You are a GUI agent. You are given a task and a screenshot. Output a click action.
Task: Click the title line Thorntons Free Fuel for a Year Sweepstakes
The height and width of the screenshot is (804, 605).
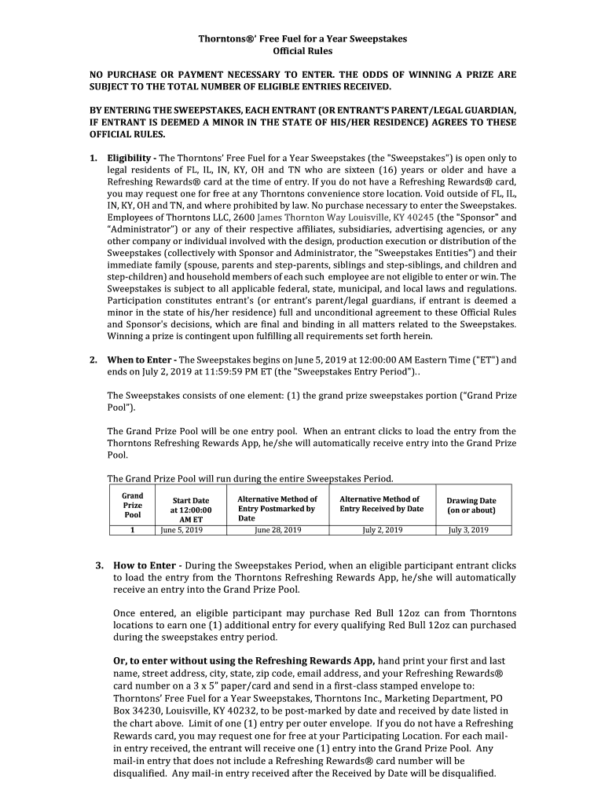coord(302,38)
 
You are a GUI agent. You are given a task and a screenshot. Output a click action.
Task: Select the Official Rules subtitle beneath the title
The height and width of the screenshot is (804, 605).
coord(302,51)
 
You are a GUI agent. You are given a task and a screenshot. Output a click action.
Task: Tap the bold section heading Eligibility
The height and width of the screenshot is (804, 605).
coord(130,158)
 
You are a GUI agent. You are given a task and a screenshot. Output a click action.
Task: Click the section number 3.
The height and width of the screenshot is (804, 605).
coord(100,565)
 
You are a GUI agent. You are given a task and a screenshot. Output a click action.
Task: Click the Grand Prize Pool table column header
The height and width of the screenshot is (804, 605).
coord(133,505)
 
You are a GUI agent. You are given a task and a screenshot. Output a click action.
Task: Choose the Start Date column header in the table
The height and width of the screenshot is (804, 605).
coord(191,509)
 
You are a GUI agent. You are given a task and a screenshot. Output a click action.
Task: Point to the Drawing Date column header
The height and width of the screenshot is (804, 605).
coord(471,505)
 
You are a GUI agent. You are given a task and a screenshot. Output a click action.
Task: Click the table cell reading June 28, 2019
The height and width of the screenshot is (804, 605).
coord(278,530)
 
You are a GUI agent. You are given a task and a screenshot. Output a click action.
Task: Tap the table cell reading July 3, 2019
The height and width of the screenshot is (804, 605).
coord(468,530)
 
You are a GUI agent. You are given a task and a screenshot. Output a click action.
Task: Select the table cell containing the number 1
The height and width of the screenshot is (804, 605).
coord(133,530)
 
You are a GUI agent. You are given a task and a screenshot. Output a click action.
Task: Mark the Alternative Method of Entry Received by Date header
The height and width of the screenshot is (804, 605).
coord(381,503)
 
